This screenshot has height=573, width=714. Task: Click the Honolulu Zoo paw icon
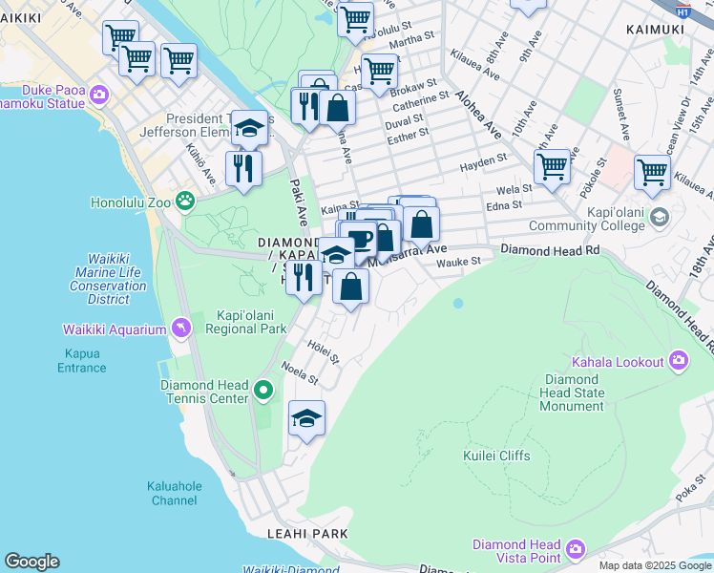point(184,202)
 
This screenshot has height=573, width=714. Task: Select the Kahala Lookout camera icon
point(679,361)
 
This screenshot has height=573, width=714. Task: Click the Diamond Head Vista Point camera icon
point(575,549)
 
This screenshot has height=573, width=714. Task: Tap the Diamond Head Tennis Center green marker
point(263,391)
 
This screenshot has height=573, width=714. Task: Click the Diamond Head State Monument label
point(571,392)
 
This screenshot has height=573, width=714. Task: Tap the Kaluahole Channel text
point(175,493)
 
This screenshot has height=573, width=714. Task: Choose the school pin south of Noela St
point(306,418)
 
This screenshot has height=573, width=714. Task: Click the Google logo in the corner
point(31,562)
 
